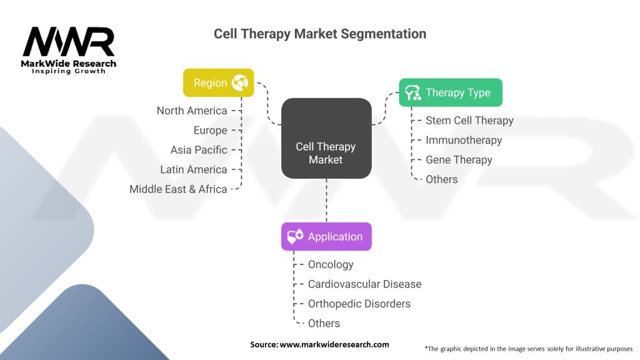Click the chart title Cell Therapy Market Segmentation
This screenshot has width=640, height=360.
point(320,34)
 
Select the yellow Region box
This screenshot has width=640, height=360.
point(218,82)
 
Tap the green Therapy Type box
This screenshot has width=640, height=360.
point(451,92)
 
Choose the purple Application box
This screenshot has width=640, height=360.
point(326,236)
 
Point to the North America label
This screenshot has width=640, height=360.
point(192,111)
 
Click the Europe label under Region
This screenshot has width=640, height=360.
point(210,130)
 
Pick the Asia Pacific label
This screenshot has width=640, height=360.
point(199,150)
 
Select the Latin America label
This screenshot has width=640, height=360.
point(193,169)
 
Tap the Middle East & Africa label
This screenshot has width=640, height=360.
point(178,189)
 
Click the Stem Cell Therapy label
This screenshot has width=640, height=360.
point(469,121)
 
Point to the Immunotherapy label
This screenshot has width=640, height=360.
point(463,140)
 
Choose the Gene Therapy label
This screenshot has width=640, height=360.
point(459,159)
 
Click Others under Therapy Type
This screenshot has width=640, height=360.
point(441,179)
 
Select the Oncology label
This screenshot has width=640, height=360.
point(331,264)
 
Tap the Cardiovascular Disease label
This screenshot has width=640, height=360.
point(364,284)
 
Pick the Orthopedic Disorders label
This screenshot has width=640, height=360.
point(359,304)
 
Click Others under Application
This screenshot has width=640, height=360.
point(324,323)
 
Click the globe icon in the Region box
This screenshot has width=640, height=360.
point(239,82)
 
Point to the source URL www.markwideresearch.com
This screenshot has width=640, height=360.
point(334,344)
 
